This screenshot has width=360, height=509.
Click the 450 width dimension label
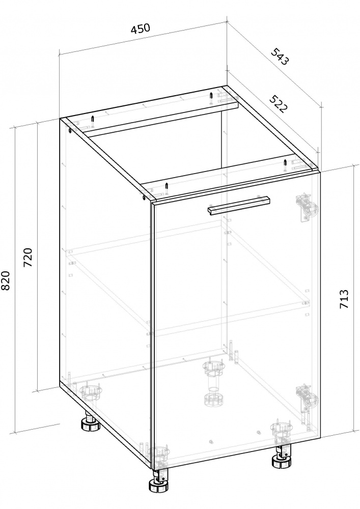coord(140,29)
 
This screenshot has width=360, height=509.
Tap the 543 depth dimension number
coord(280,56)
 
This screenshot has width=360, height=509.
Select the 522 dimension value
coord(278,104)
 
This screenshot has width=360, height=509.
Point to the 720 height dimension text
coord(28,257)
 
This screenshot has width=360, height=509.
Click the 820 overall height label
coord(7,281)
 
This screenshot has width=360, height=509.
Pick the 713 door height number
coord(344,299)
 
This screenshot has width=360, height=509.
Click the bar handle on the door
coord(239,205)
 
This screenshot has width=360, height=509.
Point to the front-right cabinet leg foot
coord(281,457)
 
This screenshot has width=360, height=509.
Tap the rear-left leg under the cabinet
coord(90,422)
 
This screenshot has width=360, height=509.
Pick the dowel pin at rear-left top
coord(93,122)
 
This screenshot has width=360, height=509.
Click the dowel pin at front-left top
coord(167,189)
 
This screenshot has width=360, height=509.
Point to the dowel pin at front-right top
coord(285,166)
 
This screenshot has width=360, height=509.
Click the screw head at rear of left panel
coord(70,130)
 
